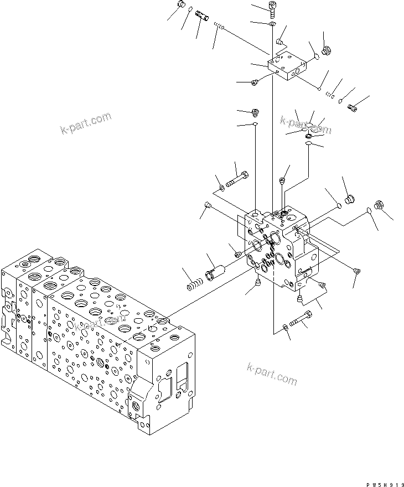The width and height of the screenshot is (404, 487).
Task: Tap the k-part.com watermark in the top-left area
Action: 86,123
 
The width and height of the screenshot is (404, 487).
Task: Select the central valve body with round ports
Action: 279,246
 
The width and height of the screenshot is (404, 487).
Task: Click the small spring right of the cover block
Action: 332,95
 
